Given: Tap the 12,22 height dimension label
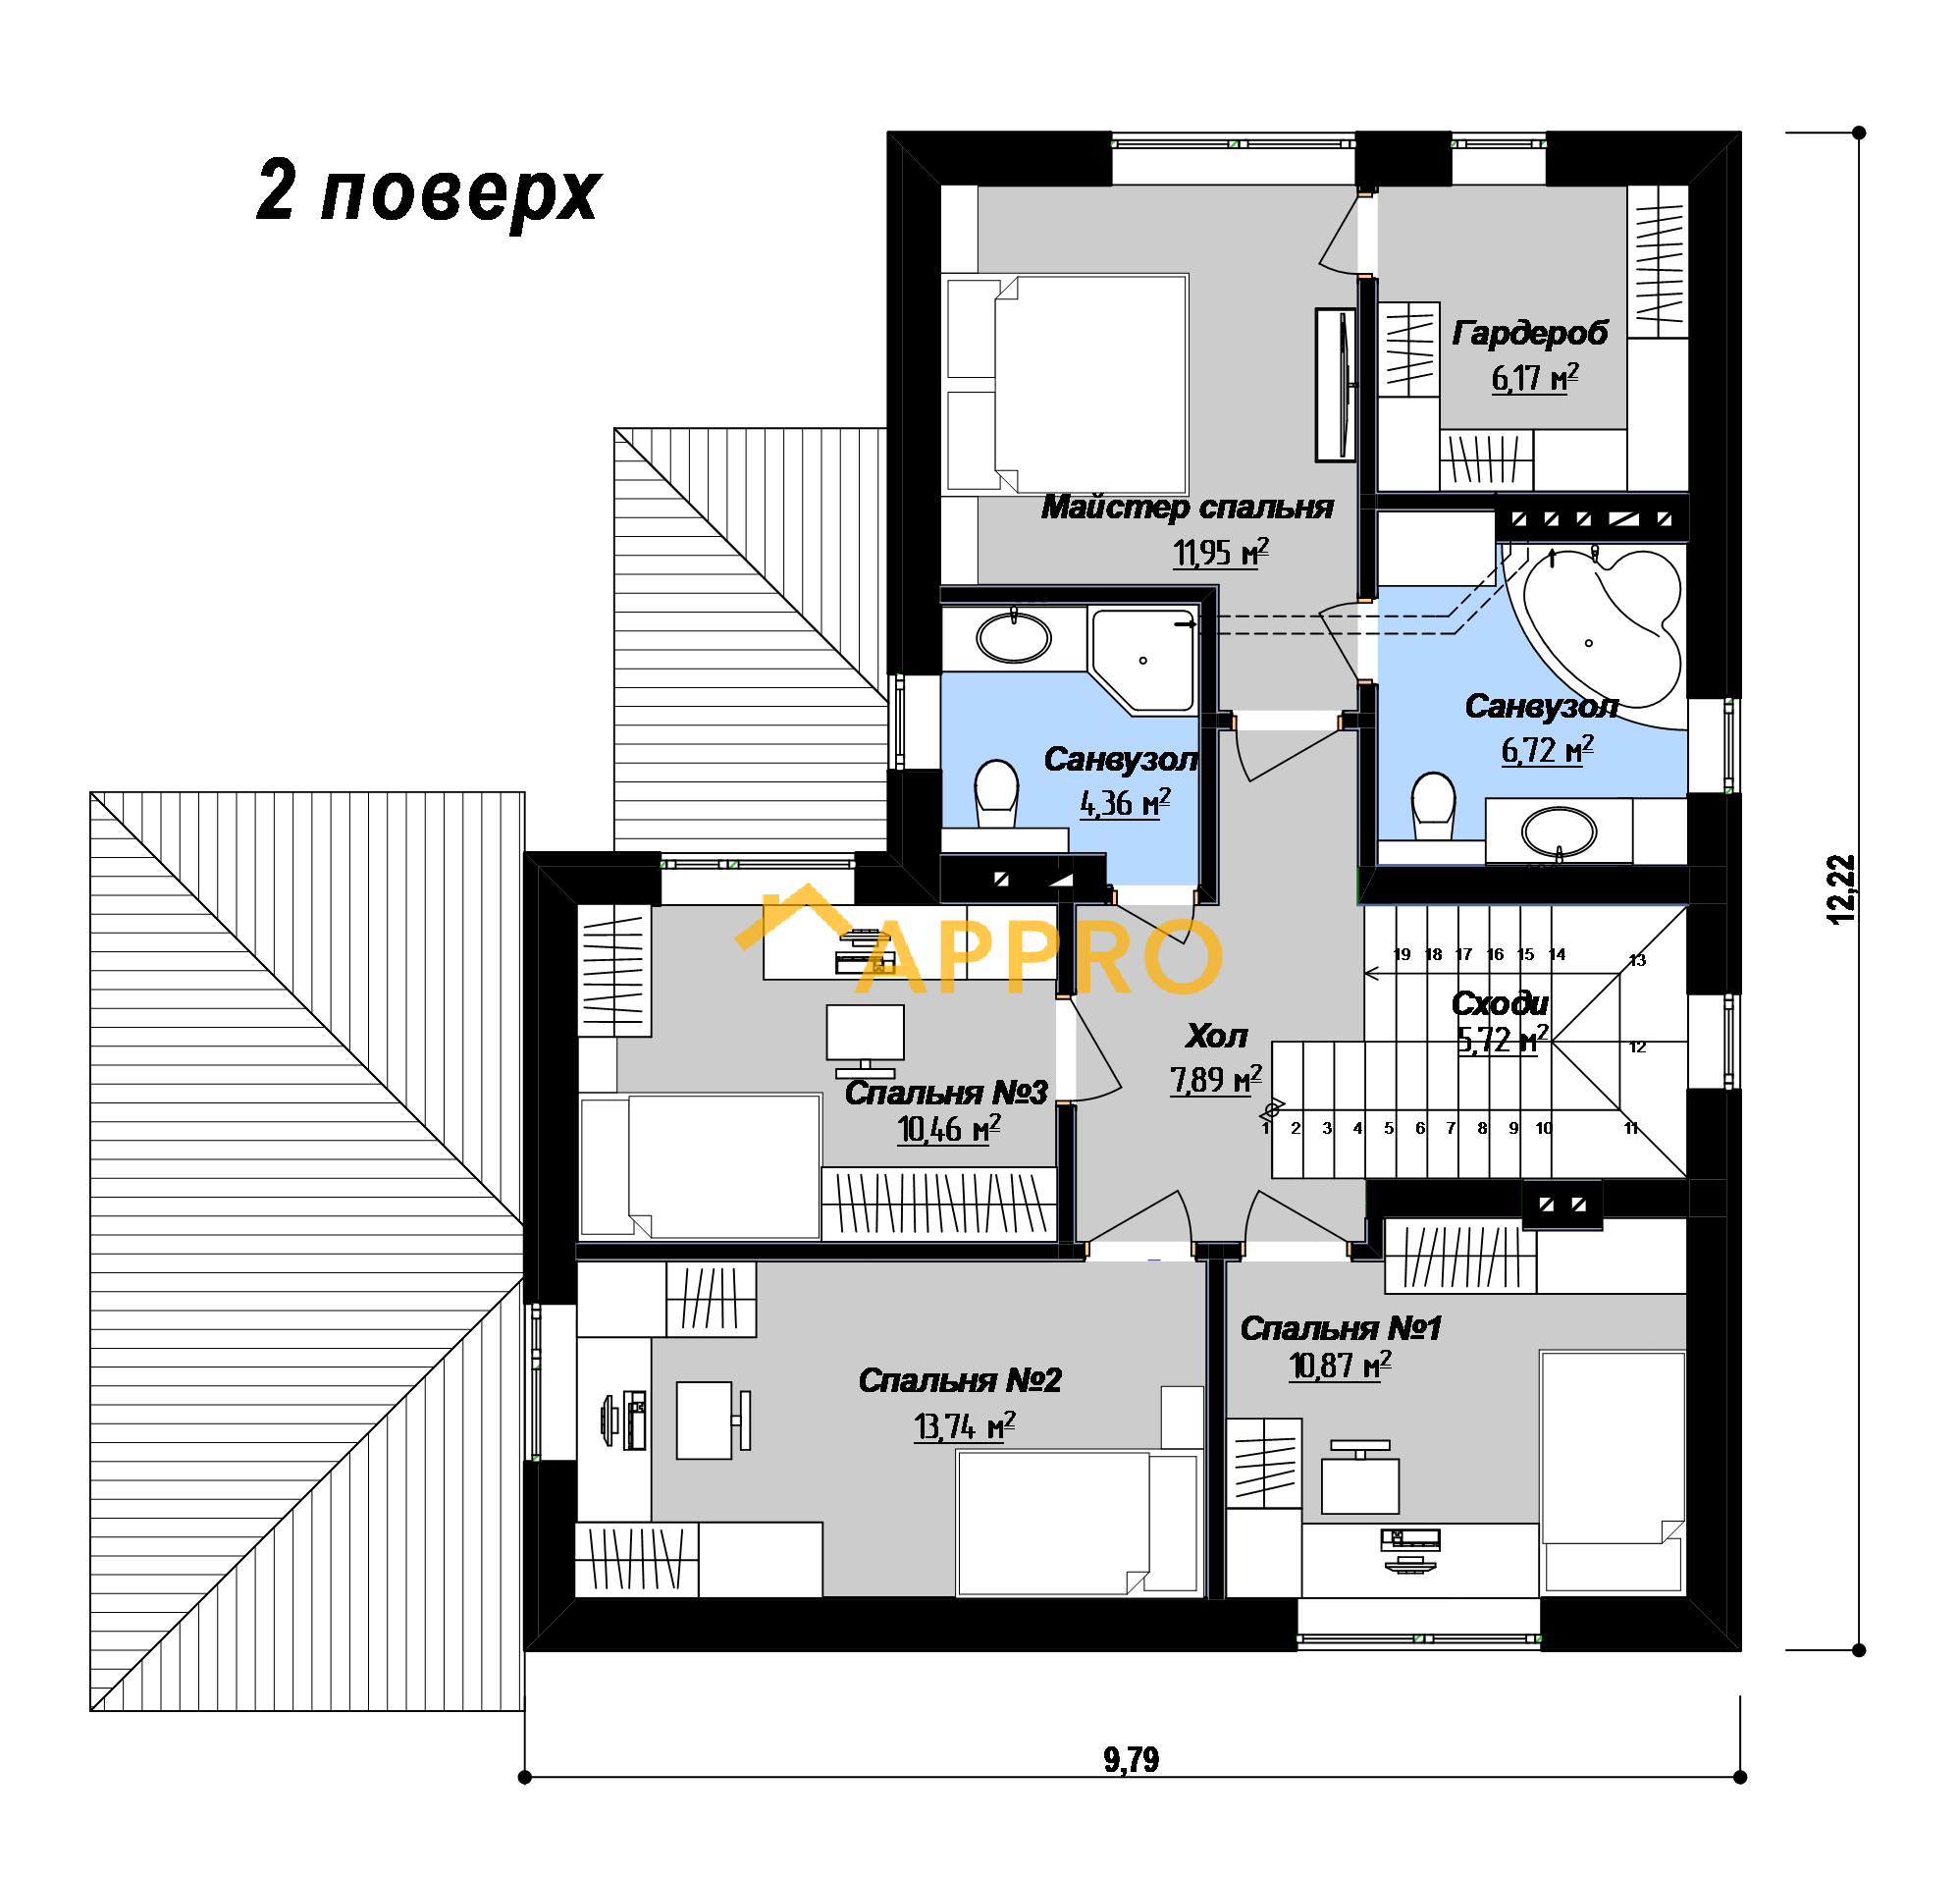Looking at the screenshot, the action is pos(1841,889).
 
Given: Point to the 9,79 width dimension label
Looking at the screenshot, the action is pos(1131,1759).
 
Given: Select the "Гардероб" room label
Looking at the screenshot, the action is pos(1529,332).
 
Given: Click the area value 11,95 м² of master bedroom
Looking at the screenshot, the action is pos(1220,552).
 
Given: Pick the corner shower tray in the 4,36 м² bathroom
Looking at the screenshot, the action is pos(1143,661).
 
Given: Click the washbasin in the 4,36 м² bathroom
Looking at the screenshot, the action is pos(1014,637).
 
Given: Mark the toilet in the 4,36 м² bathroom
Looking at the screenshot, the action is pos(995,792).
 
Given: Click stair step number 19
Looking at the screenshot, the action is pos(1403,954).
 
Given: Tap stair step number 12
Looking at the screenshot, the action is pos(1637,1046).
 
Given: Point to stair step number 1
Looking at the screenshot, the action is pos(1265,1127).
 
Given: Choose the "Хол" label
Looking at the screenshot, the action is pos(1216,1036).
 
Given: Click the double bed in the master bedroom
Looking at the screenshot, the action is pos(1067,385).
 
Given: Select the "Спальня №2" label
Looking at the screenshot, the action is pos(960,1379).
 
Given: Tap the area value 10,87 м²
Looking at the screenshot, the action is pos(1340,1365).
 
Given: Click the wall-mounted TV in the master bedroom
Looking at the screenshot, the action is pos(1337,385).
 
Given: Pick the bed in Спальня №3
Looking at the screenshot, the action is pos(700,1166).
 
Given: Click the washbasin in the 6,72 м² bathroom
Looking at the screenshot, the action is pos(1559,830).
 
